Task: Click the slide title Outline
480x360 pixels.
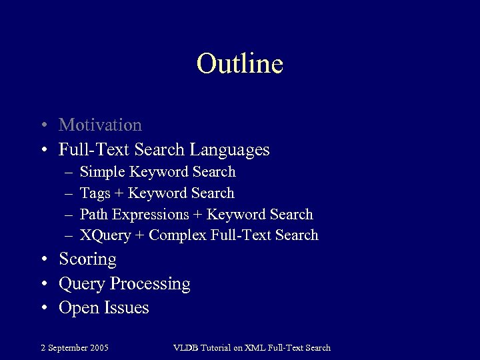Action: point(240,64)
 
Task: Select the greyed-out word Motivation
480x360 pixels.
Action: point(100,125)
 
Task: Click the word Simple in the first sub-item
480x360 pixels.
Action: point(102,172)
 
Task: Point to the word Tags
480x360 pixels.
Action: point(95,193)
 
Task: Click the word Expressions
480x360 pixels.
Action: point(151,215)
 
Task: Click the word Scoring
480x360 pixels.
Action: point(87,259)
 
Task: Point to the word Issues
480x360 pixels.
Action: point(126,308)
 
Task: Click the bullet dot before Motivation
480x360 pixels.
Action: point(43,126)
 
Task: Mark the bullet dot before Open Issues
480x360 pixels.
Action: point(43,309)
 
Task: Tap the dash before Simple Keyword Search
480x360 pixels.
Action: point(69,173)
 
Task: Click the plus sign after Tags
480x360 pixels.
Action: point(120,194)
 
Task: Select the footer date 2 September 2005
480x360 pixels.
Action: point(74,347)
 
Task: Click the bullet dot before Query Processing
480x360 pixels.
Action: point(43,285)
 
